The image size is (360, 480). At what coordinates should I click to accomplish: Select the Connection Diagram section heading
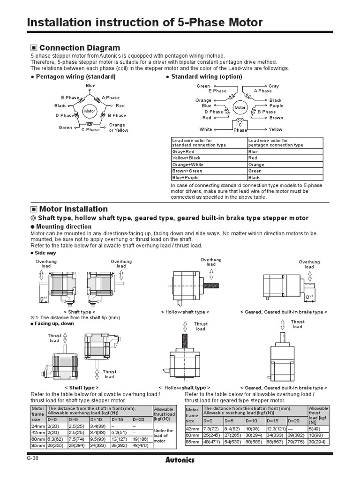80,48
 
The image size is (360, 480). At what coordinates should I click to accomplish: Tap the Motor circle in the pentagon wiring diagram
90,111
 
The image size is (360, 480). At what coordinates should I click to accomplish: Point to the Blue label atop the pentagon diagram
90,86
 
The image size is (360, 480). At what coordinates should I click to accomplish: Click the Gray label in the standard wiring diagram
274,86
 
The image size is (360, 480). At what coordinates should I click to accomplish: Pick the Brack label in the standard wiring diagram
276,100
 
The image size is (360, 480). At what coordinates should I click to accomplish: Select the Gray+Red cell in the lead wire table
183,152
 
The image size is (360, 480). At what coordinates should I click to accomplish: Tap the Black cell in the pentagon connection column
254,178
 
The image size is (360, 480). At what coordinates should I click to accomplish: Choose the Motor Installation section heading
74,209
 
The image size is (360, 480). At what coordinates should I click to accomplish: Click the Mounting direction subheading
64,226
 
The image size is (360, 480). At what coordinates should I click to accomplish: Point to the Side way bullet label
45,253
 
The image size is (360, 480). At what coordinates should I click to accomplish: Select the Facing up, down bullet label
54,323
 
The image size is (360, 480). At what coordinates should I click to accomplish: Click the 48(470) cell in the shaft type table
142,445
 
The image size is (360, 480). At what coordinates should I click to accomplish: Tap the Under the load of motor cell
164,435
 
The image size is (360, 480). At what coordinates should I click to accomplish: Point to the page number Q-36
33,458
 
